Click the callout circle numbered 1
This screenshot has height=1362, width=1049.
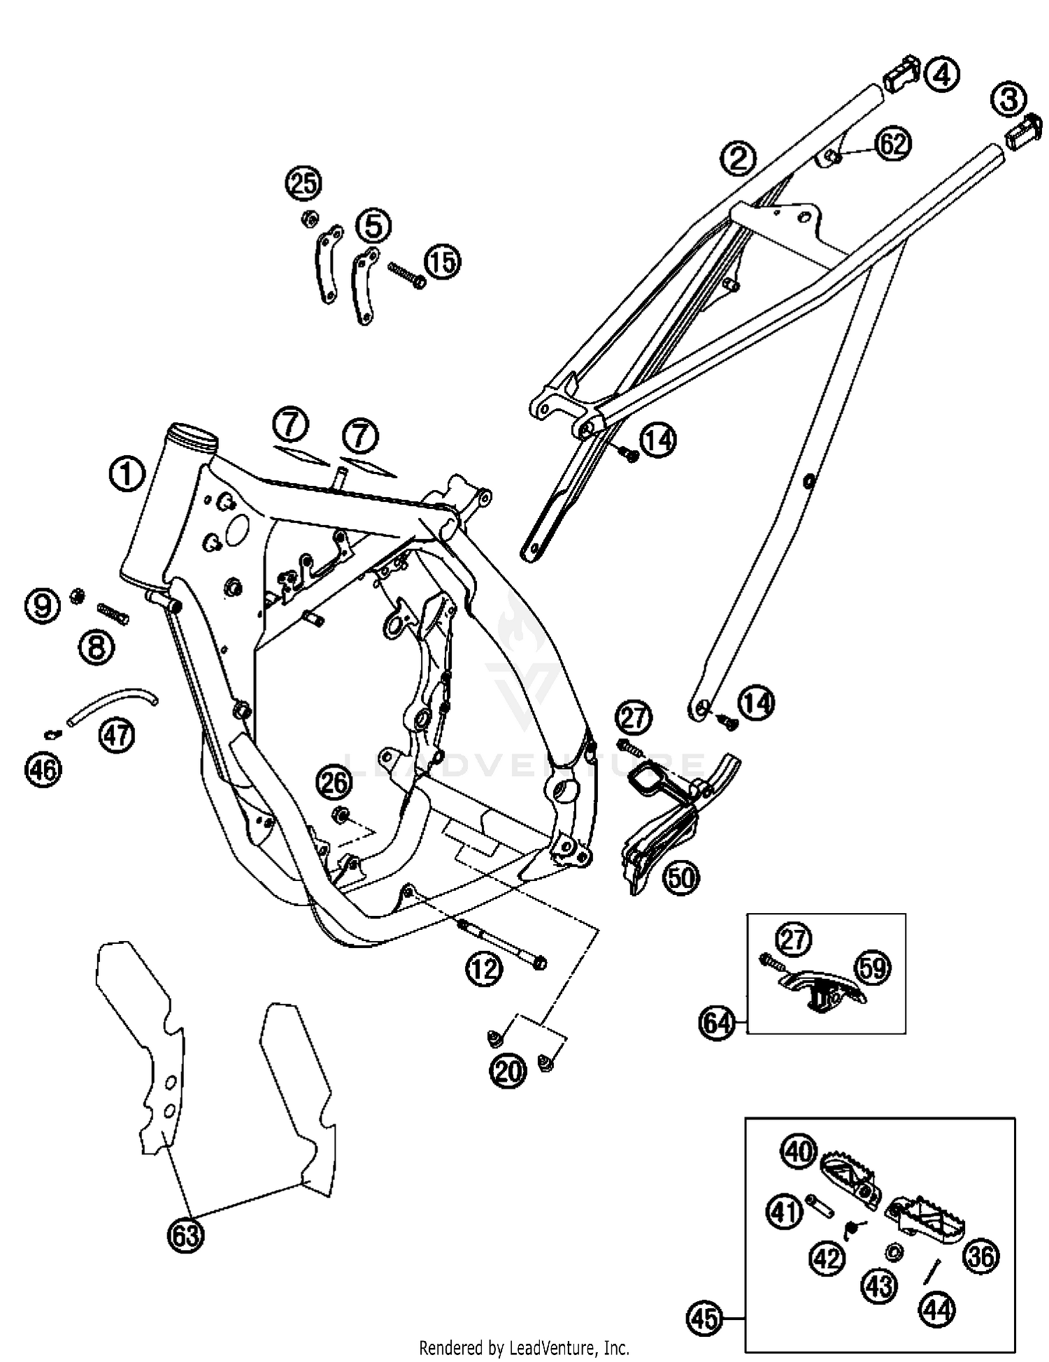[127, 475]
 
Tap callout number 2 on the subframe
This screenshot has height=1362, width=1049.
[738, 158]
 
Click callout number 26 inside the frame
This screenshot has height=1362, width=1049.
[334, 782]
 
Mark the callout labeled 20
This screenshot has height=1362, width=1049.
[508, 1070]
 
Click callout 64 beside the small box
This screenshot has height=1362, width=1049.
[717, 1024]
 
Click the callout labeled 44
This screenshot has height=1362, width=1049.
[937, 1310]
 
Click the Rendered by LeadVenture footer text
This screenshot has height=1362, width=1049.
[524, 1347]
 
